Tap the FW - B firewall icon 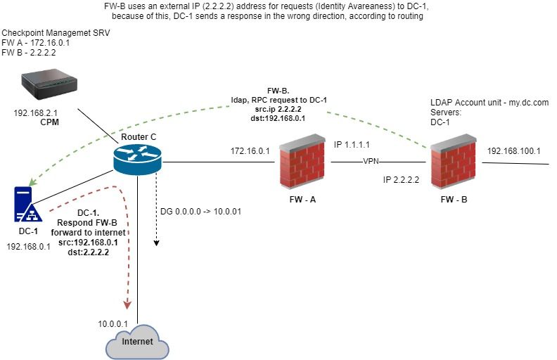[454, 166]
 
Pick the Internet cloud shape [137, 342]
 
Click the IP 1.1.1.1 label [352, 144]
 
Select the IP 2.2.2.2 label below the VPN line [401, 180]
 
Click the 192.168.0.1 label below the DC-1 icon [28, 247]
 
